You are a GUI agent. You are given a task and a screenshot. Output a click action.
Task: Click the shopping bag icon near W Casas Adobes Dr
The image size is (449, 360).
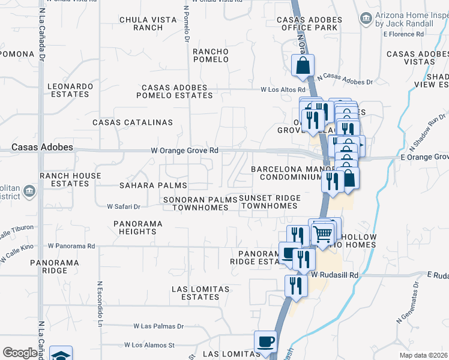(303, 65)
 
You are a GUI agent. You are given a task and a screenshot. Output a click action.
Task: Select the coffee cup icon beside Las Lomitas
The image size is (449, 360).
(265, 342)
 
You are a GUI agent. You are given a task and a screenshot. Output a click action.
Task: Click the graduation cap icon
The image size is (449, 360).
(61, 355)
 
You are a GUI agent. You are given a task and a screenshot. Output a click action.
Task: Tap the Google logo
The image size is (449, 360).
(20, 353)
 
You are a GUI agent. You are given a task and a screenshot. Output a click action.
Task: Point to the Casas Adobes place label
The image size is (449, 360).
(43, 147)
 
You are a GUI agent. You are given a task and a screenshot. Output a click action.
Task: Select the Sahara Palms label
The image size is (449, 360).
(153, 185)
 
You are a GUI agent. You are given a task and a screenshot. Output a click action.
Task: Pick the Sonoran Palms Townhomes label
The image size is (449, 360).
(200, 203)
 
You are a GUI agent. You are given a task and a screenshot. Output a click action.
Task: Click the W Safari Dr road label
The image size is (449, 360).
(123, 206)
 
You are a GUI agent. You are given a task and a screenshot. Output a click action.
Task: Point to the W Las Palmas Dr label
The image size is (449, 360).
(158, 326)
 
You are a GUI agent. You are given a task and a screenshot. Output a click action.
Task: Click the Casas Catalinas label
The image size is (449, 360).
(132, 122)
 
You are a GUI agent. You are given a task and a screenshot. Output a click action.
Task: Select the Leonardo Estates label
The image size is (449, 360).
(71, 90)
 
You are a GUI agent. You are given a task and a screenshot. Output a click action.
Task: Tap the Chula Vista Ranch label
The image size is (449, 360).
(141, 23)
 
